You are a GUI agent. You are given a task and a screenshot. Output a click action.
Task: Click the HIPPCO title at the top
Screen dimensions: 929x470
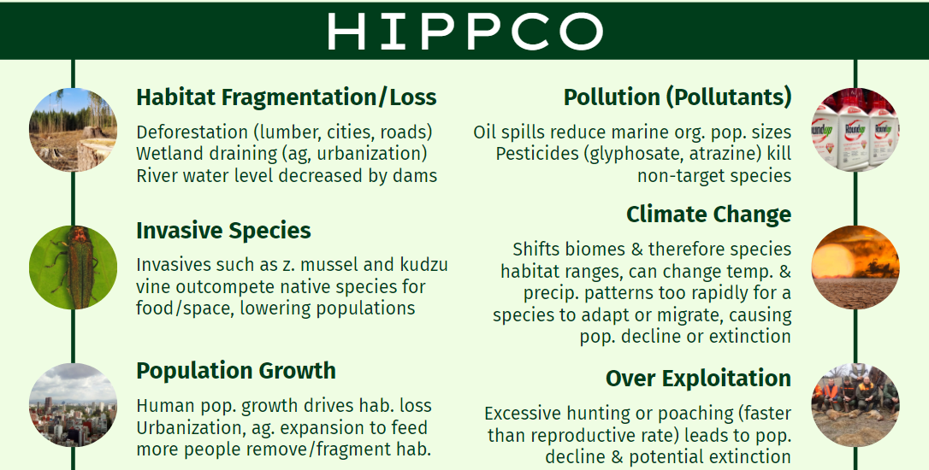(465, 31)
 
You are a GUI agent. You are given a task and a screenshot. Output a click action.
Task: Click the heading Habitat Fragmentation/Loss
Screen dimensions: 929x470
(287, 97)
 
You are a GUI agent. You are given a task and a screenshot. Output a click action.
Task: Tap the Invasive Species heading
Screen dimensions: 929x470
(223, 231)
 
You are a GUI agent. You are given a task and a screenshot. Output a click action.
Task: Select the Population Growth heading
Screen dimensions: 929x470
(236, 371)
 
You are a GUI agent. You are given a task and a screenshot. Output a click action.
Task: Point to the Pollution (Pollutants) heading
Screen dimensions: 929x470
(678, 97)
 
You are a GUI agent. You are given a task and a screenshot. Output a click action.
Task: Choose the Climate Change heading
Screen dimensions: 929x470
(708, 214)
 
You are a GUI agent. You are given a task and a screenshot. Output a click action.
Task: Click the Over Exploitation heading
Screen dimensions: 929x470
(699, 379)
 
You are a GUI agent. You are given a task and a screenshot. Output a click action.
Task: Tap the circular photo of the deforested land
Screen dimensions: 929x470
(73, 130)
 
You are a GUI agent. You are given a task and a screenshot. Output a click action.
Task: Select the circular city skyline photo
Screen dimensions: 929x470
(73, 405)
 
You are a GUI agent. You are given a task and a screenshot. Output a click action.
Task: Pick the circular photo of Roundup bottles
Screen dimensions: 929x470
(855, 130)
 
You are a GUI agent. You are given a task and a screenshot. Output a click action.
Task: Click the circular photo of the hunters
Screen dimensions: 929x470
(855, 405)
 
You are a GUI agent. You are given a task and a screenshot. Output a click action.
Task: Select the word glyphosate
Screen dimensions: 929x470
(637, 155)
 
